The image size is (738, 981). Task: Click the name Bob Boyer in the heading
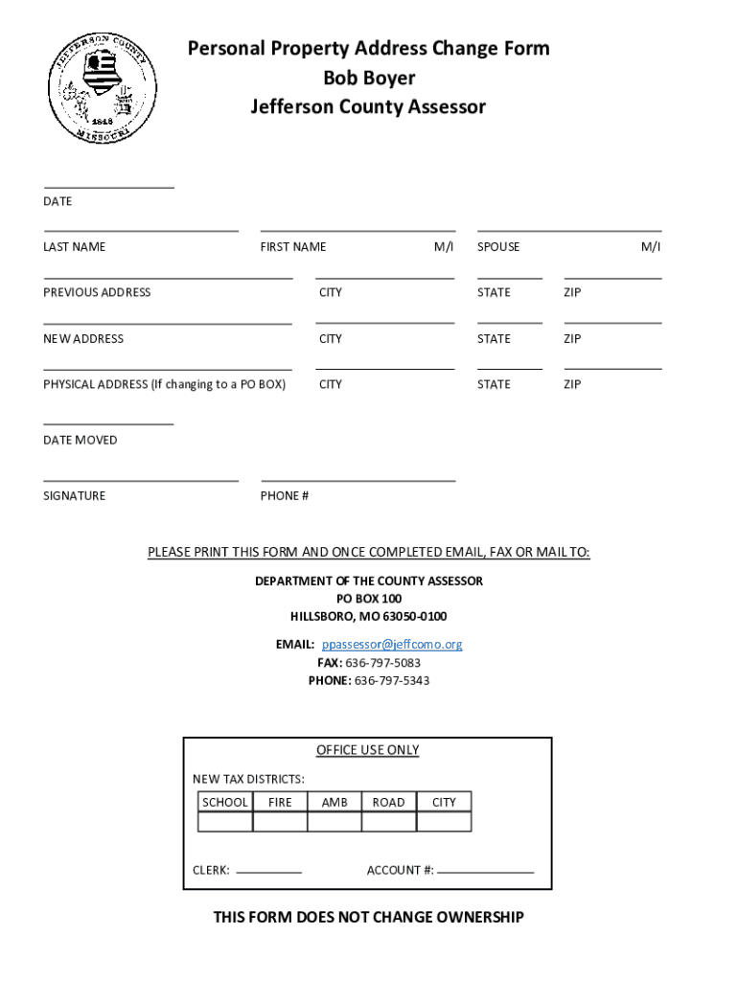tap(369, 78)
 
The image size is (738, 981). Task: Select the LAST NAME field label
tap(74, 247)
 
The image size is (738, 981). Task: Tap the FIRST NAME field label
tap(293, 247)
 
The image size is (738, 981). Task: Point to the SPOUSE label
tap(498, 247)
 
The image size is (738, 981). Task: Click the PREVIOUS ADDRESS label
tap(97, 292)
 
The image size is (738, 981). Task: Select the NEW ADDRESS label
tap(83, 338)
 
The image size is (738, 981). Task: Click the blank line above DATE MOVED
tap(108, 422)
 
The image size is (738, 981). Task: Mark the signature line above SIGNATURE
tap(141, 480)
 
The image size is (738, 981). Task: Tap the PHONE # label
tap(285, 496)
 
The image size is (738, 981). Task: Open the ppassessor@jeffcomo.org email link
tap(392, 645)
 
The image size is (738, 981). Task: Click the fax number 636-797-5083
tap(382, 663)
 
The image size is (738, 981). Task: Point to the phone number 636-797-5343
tap(392, 681)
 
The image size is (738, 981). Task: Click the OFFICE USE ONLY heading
tap(368, 750)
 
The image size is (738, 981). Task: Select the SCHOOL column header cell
tap(225, 802)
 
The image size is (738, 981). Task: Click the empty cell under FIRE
tap(280, 822)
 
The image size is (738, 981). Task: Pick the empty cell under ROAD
tap(389, 822)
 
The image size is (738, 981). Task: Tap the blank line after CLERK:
tap(268, 872)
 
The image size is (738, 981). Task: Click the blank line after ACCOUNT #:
tap(485, 872)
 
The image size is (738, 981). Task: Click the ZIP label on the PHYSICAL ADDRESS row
tap(572, 384)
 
